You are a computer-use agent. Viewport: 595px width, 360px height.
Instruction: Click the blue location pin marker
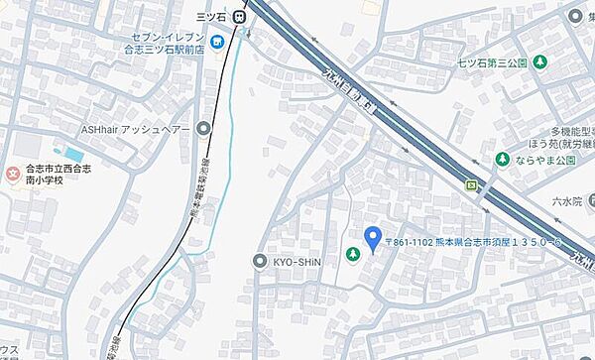coord(373,238)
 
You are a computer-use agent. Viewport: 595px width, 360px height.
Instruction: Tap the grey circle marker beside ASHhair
coord(204,129)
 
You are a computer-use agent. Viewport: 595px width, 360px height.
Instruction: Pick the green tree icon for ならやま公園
coord(503,159)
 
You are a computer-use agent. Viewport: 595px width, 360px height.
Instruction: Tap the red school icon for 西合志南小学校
coord(12,176)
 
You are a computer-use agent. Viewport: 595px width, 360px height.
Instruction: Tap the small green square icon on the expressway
coord(472,183)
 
